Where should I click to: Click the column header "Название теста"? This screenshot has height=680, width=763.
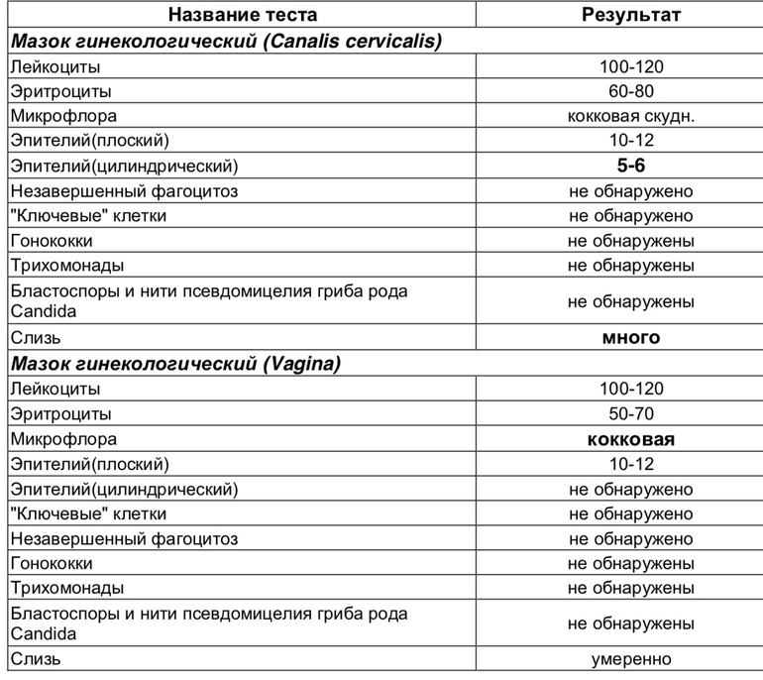click(243, 15)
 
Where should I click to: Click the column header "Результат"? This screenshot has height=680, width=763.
click(630, 15)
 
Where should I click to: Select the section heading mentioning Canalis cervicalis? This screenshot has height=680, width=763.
click(226, 41)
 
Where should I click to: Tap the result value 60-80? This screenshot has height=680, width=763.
click(630, 91)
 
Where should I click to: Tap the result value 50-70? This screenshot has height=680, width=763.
click(630, 413)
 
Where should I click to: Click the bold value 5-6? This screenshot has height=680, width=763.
click(630, 166)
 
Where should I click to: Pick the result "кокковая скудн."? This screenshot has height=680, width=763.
click(630, 116)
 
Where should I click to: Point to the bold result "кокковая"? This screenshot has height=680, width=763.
click(630, 439)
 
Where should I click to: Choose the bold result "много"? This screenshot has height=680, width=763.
click(630, 337)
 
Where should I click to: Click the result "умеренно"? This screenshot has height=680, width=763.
click(630, 658)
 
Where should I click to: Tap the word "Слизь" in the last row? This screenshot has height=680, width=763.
click(36, 658)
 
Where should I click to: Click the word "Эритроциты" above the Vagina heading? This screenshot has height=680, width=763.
click(60, 91)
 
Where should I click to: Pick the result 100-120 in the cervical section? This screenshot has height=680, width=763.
click(630, 66)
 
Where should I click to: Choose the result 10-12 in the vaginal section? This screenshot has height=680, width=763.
click(630, 464)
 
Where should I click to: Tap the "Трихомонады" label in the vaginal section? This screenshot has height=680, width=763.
click(66, 588)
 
